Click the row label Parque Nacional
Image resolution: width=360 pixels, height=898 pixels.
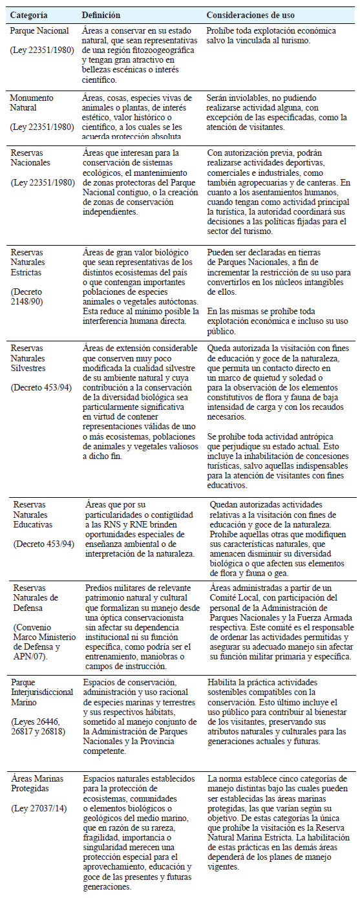(36, 30)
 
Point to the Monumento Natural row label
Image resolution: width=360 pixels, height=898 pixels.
(32, 102)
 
